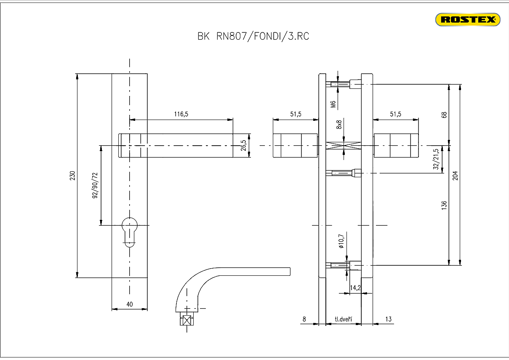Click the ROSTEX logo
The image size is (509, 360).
[467, 19]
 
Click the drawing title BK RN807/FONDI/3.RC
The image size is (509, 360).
[253, 36]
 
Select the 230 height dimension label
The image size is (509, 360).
[72, 176]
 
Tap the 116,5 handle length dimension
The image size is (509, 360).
[181, 114]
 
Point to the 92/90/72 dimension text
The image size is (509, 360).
[95, 185]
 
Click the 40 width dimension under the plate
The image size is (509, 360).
[130, 304]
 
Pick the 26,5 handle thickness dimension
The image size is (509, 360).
[243, 145]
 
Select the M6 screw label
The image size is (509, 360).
[333, 104]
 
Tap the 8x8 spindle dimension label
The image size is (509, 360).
[339, 125]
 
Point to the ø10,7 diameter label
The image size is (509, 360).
[341, 240]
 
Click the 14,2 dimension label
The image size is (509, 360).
[355, 288]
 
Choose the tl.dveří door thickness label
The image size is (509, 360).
[343, 319]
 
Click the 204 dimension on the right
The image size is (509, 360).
[455, 175]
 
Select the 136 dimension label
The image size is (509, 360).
[444, 205]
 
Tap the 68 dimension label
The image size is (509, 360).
[444, 115]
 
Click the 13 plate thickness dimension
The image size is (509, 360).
[388, 319]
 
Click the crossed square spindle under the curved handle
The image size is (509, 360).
[186, 320]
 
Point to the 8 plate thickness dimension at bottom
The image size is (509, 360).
[304, 319]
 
